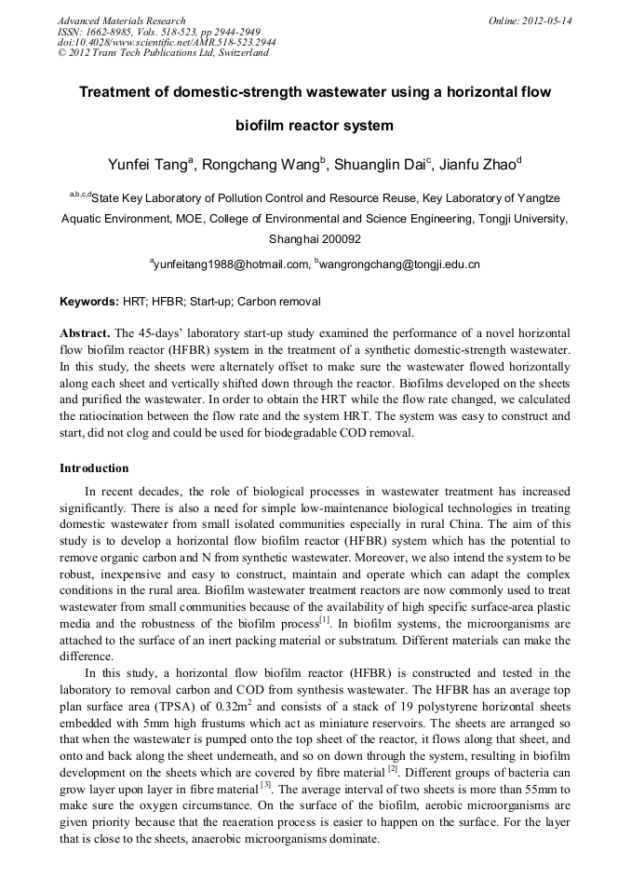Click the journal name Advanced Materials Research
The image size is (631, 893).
pyautogui.click(x=121, y=20)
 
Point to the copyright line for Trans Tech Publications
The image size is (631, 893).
pyautogui.click(x=162, y=53)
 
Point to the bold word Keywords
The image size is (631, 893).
pyautogui.click(x=88, y=303)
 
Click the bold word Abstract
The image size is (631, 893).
pyautogui.click(x=84, y=333)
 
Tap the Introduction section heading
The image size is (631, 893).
pyautogui.click(x=94, y=467)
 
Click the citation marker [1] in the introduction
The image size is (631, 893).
pyautogui.click(x=324, y=593)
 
